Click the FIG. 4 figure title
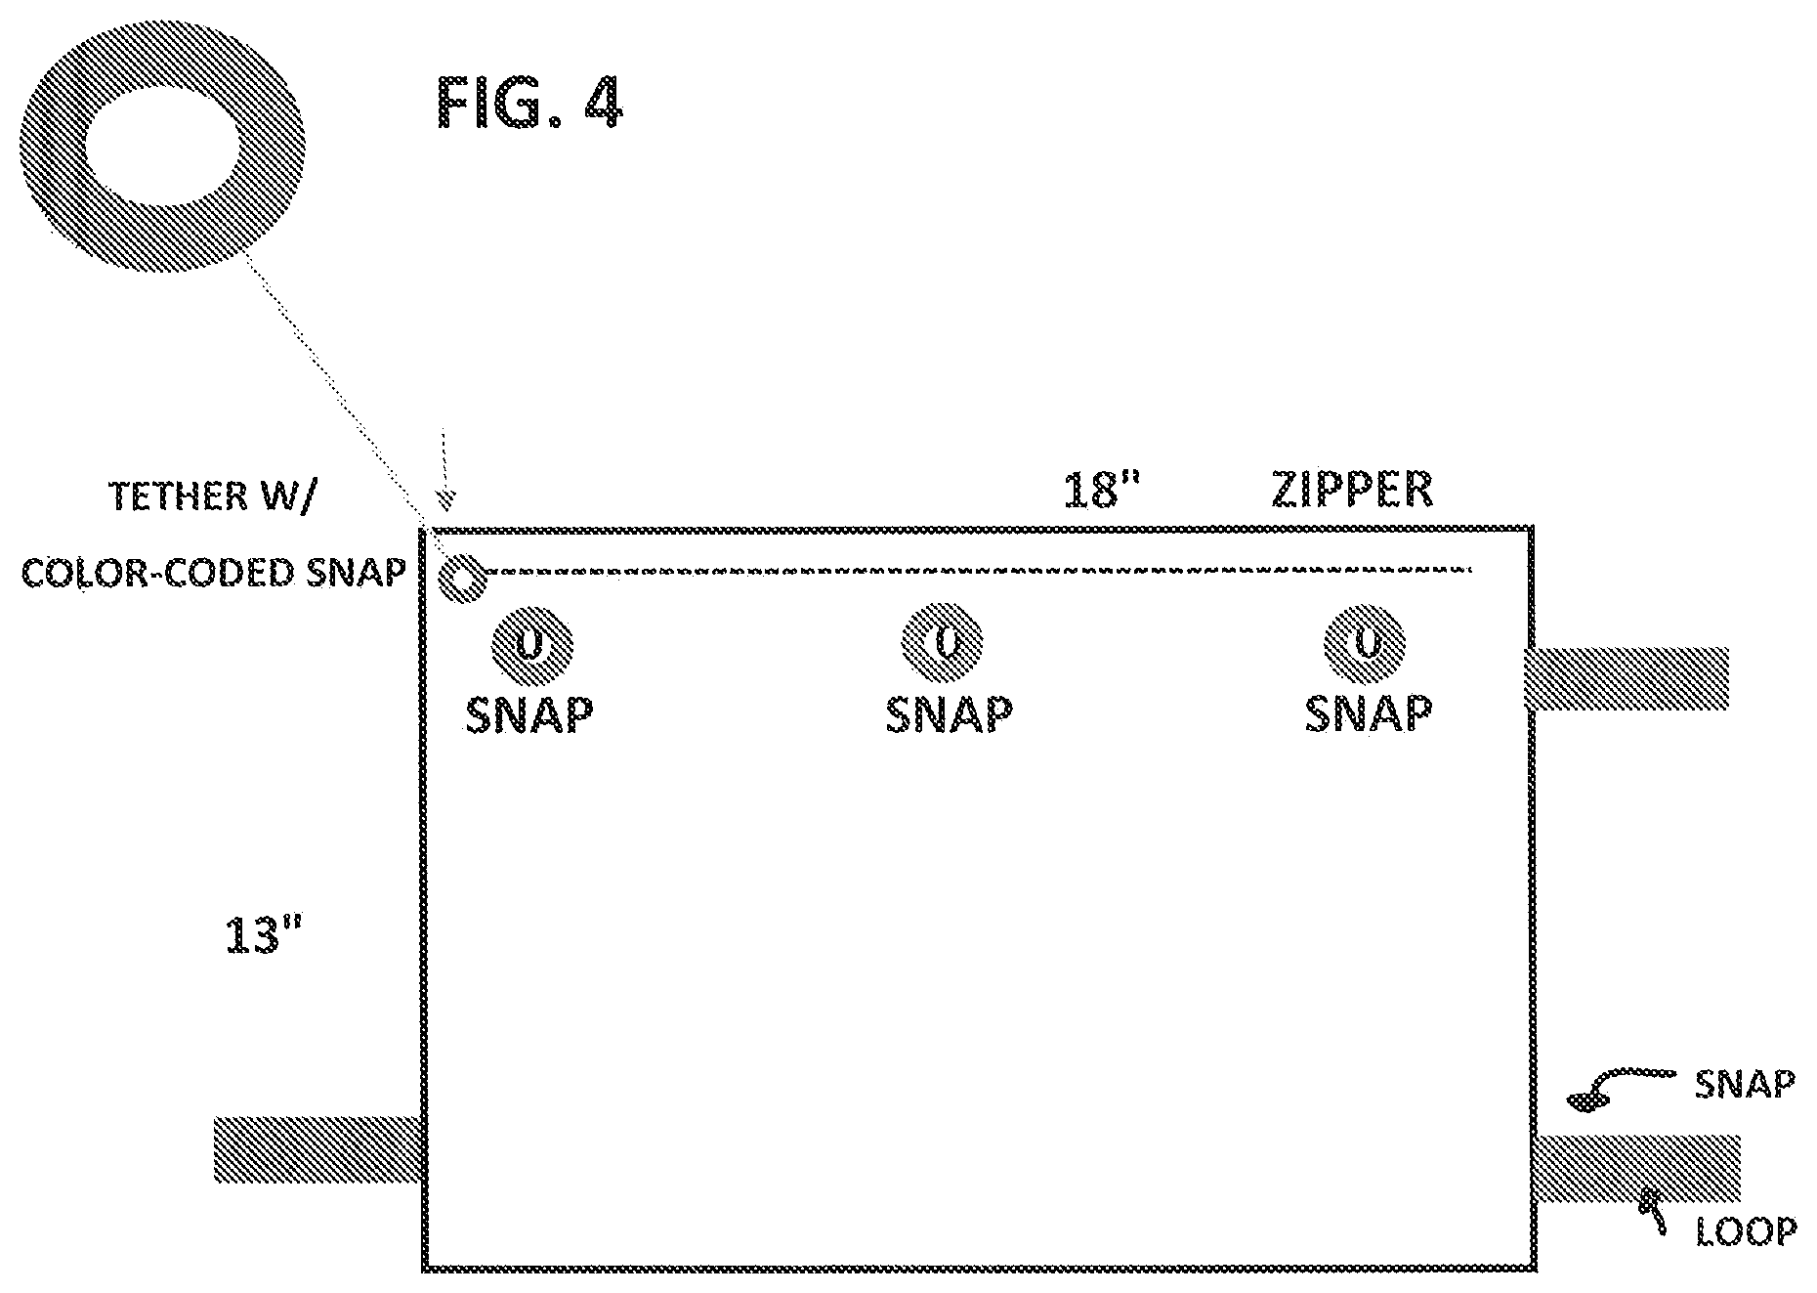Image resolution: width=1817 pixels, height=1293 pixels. point(528,102)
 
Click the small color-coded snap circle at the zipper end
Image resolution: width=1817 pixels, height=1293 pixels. point(462,580)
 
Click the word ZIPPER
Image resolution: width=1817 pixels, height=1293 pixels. point(1353,490)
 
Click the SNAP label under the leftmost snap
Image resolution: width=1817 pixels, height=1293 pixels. point(529,714)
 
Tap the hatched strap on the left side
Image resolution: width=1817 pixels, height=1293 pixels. point(317,1149)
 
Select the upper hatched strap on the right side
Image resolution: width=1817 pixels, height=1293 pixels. point(1627,677)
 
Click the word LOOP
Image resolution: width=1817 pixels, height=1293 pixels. point(1747,1232)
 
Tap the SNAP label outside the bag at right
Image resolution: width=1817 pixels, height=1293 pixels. point(1745,1085)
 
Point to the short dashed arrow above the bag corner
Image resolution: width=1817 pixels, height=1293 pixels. point(445,469)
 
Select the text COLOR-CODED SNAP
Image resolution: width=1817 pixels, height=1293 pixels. point(213,572)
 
